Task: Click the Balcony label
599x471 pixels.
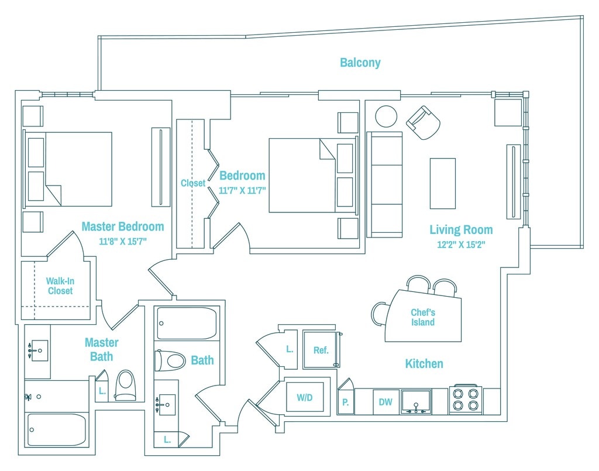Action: (x=360, y=63)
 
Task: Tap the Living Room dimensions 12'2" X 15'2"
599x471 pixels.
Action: (x=461, y=245)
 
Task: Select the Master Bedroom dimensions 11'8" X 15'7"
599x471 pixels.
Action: (x=122, y=240)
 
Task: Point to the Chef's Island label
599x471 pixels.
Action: (x=422, y=317)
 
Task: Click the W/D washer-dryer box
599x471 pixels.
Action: (x=305, y=397)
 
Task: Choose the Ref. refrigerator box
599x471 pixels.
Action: (x=321, y=350)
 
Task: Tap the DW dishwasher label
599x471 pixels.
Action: (x=385, y=402)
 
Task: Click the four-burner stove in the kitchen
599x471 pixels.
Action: (x=466, y=400)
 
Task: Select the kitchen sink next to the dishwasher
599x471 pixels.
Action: (x=415, y=401)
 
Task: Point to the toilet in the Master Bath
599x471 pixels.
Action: (x=125, y=385)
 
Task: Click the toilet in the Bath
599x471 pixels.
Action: (x=170, y=360)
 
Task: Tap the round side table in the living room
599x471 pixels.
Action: (x=386, y=116)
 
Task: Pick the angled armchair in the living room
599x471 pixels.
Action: (x=424, y=122)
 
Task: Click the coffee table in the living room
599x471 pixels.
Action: (x=442, y=183)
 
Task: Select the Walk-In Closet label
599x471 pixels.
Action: (x=60, y=286)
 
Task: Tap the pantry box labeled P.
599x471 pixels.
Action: (x=345, y=402)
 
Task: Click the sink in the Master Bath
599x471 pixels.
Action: (x=39, y=351)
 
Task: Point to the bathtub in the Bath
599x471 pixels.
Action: (x=187, y=324)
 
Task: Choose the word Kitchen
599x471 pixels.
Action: (x=424, y=364)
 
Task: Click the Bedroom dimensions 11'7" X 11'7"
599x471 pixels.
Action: (x=242, y=190)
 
